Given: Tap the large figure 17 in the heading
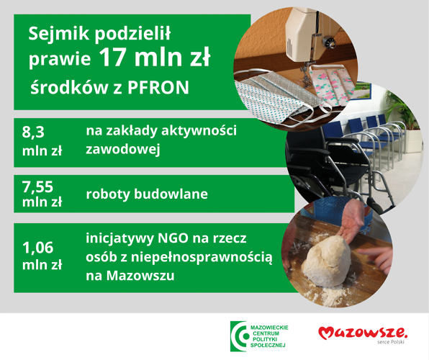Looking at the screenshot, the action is pos(112,58).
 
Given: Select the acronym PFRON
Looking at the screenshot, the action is pos(158,88).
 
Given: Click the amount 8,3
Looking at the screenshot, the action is pos(33,132).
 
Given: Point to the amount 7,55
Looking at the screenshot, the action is pos(37,186).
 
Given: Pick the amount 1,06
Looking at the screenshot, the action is pos(37,248).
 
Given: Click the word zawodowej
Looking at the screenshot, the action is pos(123,150).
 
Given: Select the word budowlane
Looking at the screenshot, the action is pos(171,194).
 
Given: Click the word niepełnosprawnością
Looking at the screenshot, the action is pos(202,257).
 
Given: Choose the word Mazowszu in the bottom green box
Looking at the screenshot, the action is pos(140,276).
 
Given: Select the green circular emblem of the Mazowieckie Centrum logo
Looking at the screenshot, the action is pos(238,336).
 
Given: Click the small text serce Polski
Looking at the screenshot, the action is pos(390,342).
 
